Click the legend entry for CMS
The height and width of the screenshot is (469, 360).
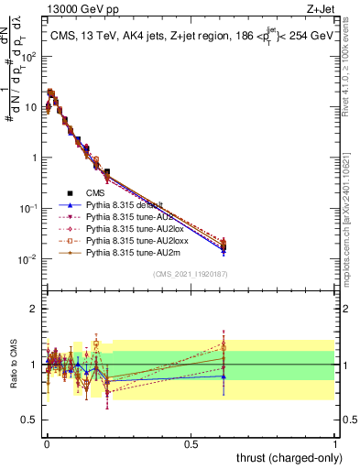coord(95,193)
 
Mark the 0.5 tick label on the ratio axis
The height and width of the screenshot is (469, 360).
coord(31,420)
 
